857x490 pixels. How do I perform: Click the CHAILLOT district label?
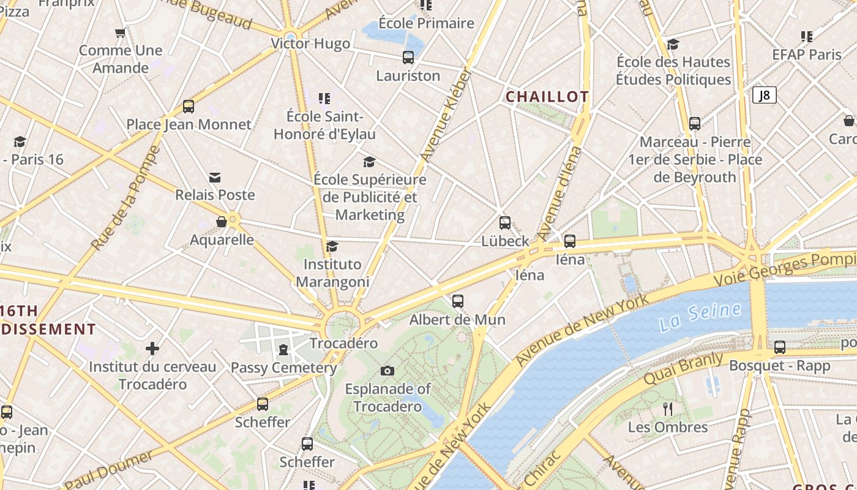click(x=547, y=97)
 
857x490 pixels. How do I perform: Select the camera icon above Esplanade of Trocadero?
click(x=387, y=371)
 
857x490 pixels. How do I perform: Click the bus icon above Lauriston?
click(x=408, y=58)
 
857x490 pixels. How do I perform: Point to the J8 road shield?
click(x=764, y=95)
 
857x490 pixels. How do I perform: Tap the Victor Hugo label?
click(x=310, y=43)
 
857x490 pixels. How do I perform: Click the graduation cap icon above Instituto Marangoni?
click(x=332, y=246)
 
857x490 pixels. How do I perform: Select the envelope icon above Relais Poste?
click(x=215, y=178)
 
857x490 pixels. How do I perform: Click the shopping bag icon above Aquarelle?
click(x=222, y=222)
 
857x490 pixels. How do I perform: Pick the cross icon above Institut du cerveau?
click(x=152, y=349)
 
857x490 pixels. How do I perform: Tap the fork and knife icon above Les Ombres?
click(x=668, y=409)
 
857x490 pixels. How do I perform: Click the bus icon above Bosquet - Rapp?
click(x=780, y=347)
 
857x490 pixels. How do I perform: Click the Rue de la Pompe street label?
click(x=126, y=197)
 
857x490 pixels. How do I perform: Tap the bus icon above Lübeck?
click(x=505, y=223)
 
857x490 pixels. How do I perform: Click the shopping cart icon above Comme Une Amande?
click(x=121, y=32)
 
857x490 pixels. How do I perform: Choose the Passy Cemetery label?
click(x=283, y=368)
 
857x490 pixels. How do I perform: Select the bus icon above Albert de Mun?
click(x=458, y=301)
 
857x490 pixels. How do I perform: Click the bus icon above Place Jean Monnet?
click(x=189, y=107)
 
